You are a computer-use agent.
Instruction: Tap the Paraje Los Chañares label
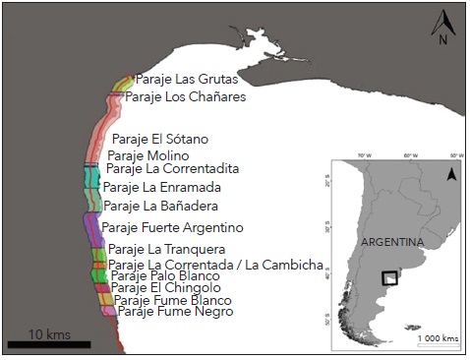[x=185, y=97]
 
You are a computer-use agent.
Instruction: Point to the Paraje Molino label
[x=148, y=155]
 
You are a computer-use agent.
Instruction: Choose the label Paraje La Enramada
[x=162, y=187]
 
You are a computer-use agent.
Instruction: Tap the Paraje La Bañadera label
[x=160, y=207]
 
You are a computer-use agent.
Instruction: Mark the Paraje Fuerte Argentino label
[x=172, y=228]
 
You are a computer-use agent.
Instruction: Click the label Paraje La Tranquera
[x=166, y=250]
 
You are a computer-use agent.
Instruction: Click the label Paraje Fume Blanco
[x=172, y=300]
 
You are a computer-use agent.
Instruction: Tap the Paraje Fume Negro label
[x=175, y=312]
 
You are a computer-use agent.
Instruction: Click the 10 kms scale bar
[x=49, y=344]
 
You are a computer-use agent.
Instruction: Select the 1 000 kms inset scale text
[x=437, y=338]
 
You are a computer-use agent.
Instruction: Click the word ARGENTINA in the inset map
[x=392, y=242]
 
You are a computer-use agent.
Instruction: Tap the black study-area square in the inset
[x=390, y=279]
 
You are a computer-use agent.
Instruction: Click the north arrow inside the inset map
[x=450, y=174]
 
